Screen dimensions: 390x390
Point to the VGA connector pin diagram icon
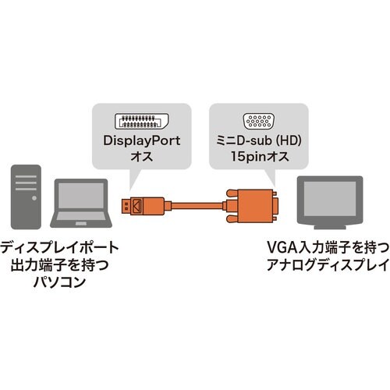[260, 121]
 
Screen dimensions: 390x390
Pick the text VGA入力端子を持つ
[328, 249]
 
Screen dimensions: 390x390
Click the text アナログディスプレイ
[328, 266]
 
